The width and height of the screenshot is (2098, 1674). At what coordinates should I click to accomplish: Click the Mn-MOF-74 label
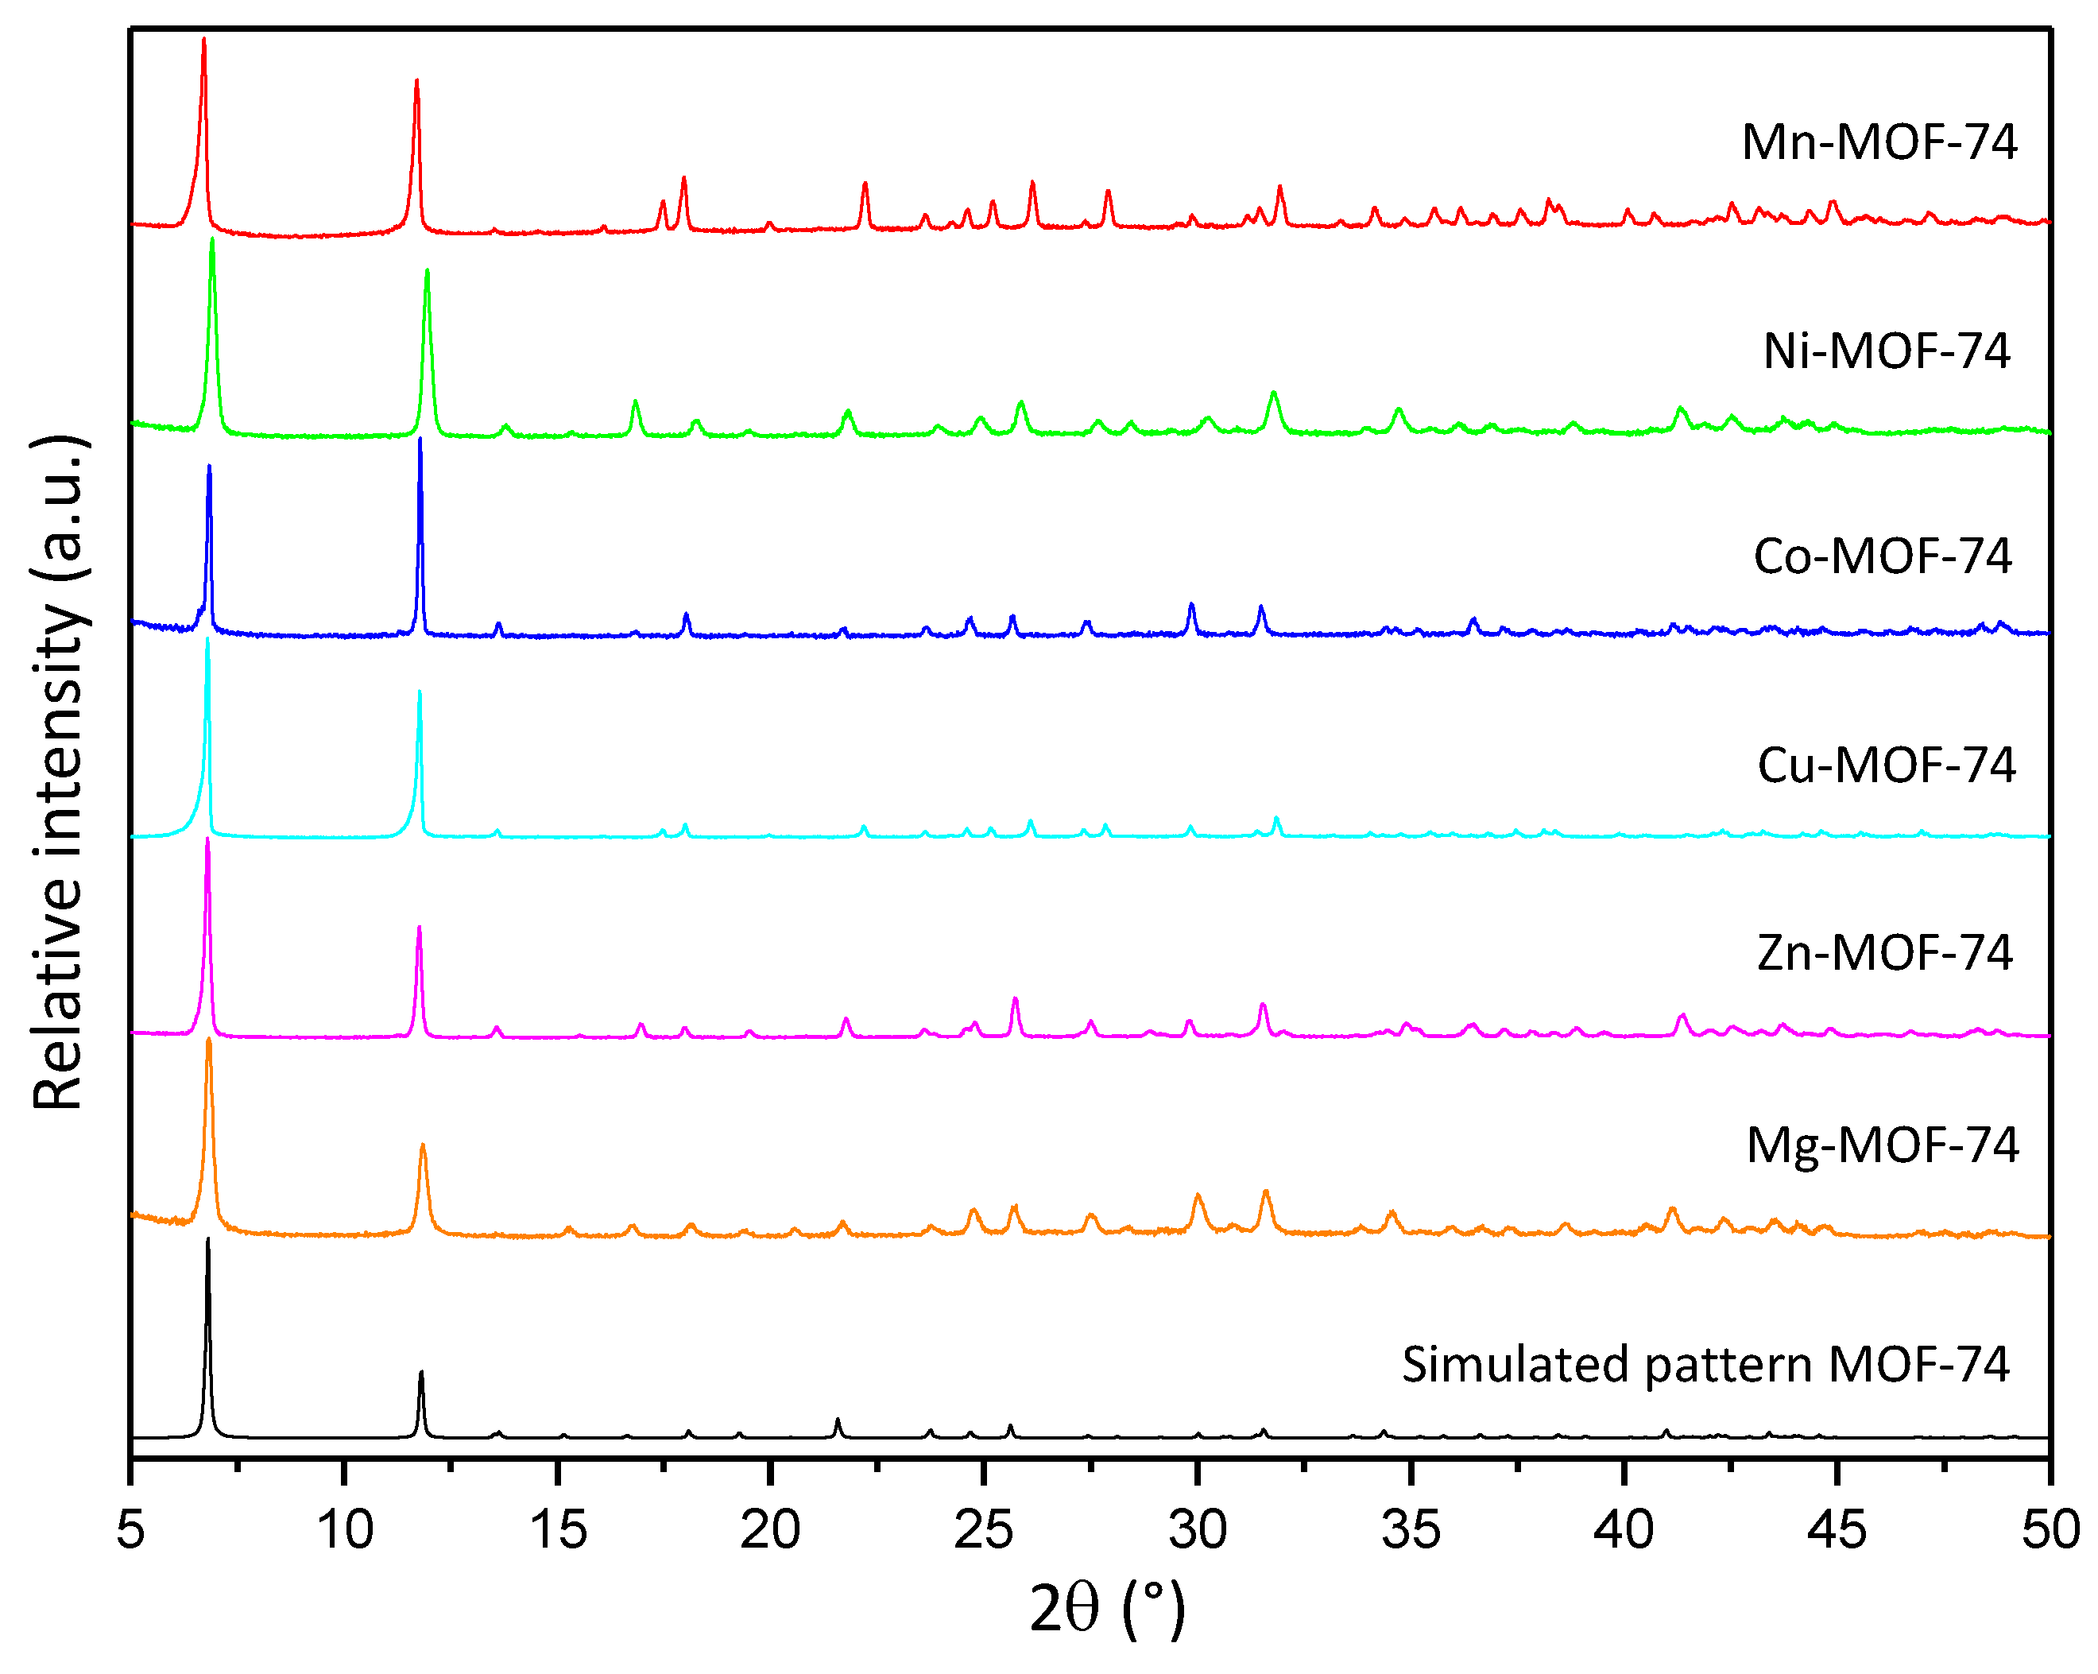[x=1879, y=142]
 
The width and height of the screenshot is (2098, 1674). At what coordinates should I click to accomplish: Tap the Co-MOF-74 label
[x=1882, y=556]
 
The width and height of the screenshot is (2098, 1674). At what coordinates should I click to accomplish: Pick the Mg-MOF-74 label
[x=1882, y=1145]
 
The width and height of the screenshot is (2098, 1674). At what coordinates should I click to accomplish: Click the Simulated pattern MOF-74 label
[x=1705, y=1365]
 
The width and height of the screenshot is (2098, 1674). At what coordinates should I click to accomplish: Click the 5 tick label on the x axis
[x=130, y=1529]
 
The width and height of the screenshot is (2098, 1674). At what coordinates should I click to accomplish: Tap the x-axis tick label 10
[x=344, y=1529]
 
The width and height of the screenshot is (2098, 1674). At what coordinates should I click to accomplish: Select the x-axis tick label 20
[x=770, y=1529]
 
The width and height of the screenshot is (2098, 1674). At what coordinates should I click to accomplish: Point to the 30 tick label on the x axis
[x=1197, y=1529]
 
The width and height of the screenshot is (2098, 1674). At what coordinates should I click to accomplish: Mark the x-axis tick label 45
[x=1837, y=1529]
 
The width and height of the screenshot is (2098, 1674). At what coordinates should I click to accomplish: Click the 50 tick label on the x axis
[x=2050, y=1529]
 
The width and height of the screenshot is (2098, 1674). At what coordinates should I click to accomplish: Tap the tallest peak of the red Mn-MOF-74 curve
[x=203, y=41]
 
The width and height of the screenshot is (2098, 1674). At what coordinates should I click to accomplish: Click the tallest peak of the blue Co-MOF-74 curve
[x=420, y=440]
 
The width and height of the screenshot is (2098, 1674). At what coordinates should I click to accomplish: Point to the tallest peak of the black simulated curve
[x=207, y=1241]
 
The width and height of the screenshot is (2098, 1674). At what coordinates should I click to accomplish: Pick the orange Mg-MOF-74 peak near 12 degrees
[x=422, y=1146]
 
